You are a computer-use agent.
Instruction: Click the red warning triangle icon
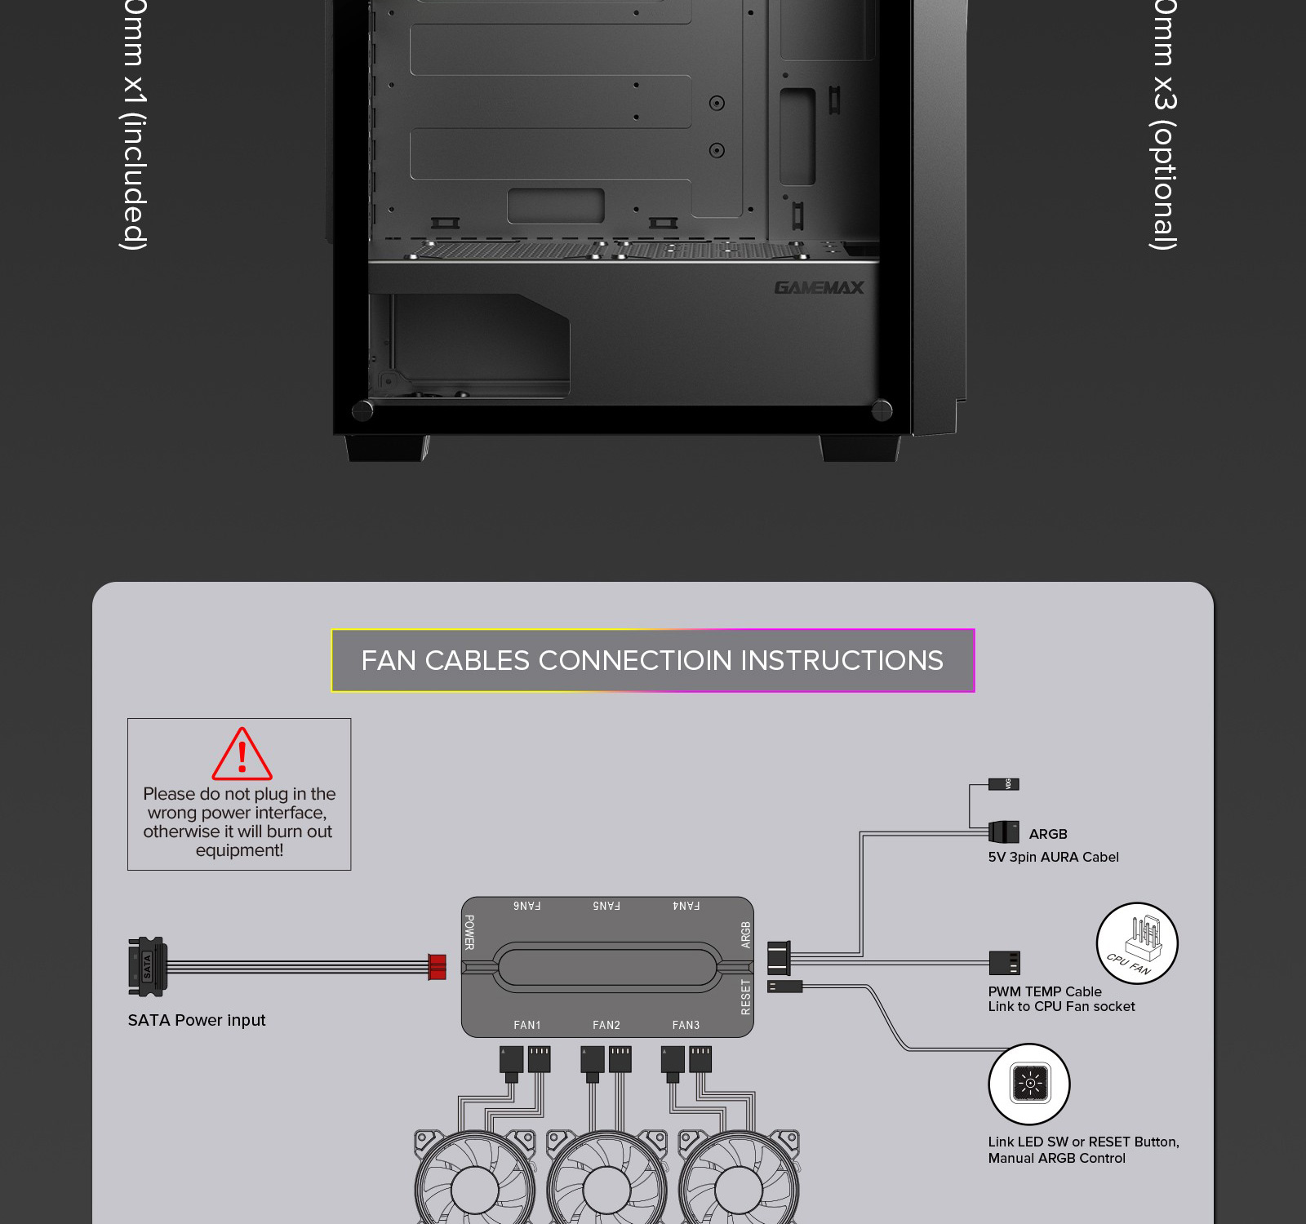pyautogui.click(x=242, y=755)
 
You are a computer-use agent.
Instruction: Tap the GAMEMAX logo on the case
pyautogui.click(x=819, y=287)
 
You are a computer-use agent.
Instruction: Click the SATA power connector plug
pyautogui.click(x=147, y=966)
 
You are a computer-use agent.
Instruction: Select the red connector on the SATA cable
pyautogui.click(x=438, y=967)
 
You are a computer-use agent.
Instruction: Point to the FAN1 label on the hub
pyautogui.click(x=526, y=1025)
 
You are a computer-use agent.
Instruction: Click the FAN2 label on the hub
pyautogui.click(x=606, y=1025)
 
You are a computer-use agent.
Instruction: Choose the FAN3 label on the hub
pyautogui.click(x=686, y=1025)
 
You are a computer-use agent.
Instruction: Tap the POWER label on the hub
pyautogui.click(x=469, y=932)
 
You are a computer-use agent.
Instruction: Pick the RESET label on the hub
pyautogui.click(x=744, y=997)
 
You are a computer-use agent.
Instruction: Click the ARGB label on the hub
pyautogui.click(x=744, y=934)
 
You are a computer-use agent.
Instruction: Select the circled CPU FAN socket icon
pyautogui.click(x=1136, y=943)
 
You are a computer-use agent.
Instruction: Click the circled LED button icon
pyautogui.click(x=1028, y=1084)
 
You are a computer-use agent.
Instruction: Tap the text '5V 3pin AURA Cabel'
pyautogui.click(x=1053, y=857)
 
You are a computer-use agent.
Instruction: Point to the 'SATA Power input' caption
pyautogui.click(x=197, y=1020)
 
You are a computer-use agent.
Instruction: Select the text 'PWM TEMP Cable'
pyautogui.click(x=1045, y=991)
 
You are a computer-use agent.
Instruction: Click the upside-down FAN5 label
pyautogui.click(x=606, y=906)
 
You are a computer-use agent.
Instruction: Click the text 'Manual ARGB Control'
pyautogui.click(x=1056, y=1158)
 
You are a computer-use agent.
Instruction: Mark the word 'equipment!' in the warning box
pyautogui.click(x=239, y=850)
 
